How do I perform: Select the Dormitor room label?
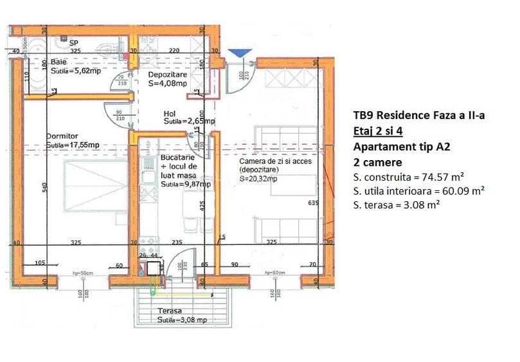[62, 136]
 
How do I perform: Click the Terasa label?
[169, 311]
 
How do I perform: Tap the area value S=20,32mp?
[258, 178]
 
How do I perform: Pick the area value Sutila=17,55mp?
[73, 145]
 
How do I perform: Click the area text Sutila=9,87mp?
[186, 184]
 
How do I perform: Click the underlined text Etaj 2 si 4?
[378, 131]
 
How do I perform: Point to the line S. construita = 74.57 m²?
[409, 176]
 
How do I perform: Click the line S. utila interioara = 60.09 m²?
[418, 191]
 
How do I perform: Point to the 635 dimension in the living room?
[313, 204]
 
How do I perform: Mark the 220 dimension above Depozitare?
[174, 51]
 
